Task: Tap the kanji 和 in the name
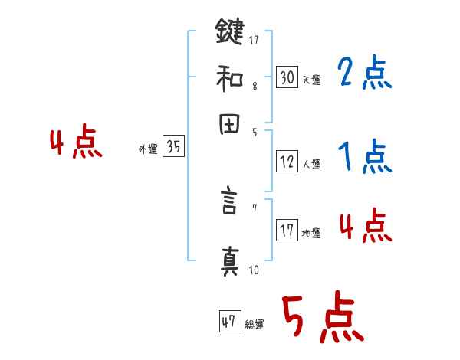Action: [x=229, y=78]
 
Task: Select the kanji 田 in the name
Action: [x=229, y=126]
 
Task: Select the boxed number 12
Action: [x=287, y=162]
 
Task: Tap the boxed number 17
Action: [x=287, y=231]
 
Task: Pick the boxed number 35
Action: [x=173, y=148]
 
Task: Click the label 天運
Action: [x=311, y=79]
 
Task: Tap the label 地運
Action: [x=311, y=234]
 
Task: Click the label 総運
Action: [x=255, y=325]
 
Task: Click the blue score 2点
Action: [x=363, y=74]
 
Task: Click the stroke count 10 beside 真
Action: [x=254, y=270]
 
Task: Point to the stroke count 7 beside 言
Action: [x=254, y=208]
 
